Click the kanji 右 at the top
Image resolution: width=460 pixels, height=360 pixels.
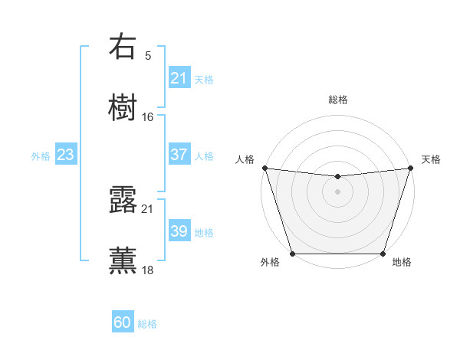click(123, 47)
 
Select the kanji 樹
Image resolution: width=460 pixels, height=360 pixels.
click(123, 107)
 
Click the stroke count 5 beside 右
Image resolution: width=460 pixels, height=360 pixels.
click(148, 55)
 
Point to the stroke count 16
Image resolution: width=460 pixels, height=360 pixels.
click(148, 117)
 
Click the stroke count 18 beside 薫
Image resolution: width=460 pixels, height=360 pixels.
click(148, 270)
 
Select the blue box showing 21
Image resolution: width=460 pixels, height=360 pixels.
click(179, 78)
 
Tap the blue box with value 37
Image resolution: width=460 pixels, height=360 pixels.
click(179, 155)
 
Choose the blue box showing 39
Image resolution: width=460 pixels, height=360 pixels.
click(179, 231)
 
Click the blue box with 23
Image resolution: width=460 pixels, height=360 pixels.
click(66, 155)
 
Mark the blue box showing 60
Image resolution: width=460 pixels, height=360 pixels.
click(123, 322)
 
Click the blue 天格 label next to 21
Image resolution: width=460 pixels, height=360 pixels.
click(204, 80)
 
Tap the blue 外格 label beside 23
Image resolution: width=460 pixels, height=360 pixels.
click(41, 156)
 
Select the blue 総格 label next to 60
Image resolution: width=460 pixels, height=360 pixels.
click(147, 324)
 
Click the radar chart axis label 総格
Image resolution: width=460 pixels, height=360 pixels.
click(337, 100)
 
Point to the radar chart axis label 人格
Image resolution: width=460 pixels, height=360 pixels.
click(245, 159)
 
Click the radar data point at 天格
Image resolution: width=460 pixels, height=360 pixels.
click(410, 168)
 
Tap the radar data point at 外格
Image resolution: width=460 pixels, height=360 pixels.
click(292, 254)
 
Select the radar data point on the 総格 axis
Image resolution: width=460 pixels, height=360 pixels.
click(337, 177)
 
